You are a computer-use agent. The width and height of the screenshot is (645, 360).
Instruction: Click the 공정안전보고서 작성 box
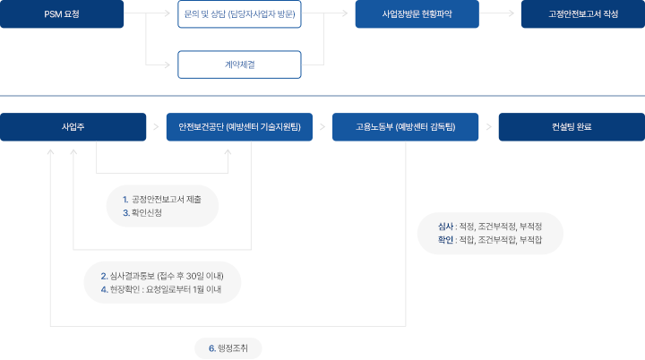(582, 15)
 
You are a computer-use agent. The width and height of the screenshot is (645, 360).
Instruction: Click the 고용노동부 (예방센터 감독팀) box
(406, 127)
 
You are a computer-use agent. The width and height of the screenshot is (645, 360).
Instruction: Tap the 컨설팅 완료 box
(572, 127)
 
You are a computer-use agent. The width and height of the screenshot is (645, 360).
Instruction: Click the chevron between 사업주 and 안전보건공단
(156, 127)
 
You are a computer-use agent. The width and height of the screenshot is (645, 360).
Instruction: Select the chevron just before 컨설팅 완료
(488, 127)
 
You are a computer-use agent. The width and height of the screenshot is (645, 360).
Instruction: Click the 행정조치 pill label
(228, 348)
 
